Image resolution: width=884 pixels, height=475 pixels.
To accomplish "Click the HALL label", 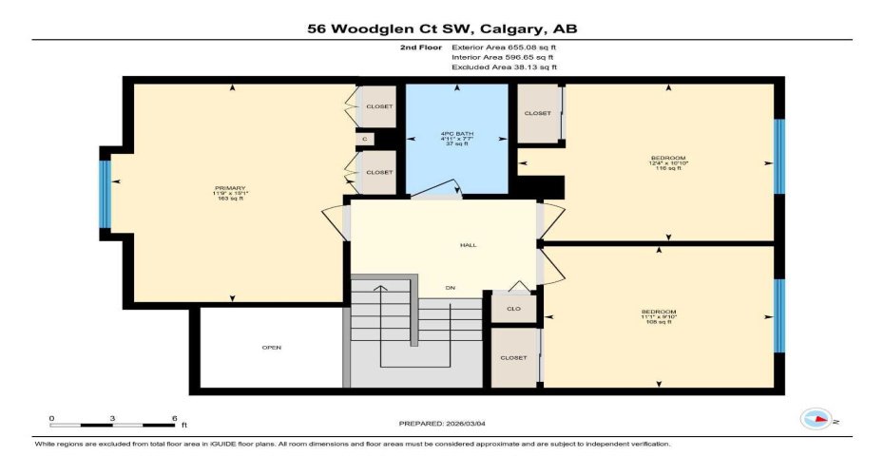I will pyautogui.click(x=468, y=245).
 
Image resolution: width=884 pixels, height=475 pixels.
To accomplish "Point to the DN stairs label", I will pyautogui.click(x=452, y=287).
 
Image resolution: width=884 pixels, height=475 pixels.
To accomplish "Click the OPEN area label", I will pyautogui.click(x=272, y=348).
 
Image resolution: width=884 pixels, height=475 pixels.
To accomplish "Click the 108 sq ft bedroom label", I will pyautogui.click(x=658, y=316).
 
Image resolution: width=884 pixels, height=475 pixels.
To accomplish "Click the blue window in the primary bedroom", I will pyautogui.click(x=106, y=194).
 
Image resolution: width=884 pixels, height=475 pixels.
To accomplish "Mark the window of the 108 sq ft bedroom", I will pyautogui.click(x=779, y=314).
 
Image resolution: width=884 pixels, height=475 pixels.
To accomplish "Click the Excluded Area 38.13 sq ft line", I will pyautogui.click(x=504, y=67).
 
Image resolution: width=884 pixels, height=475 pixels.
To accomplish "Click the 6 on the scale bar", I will pyautogui.click(x=173, y=418).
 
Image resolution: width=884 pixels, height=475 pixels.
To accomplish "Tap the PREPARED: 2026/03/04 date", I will pyautogui.click(x=447, y=423).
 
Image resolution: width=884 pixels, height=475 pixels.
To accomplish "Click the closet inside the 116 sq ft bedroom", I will pyautogui.click(x=538, y=114).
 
